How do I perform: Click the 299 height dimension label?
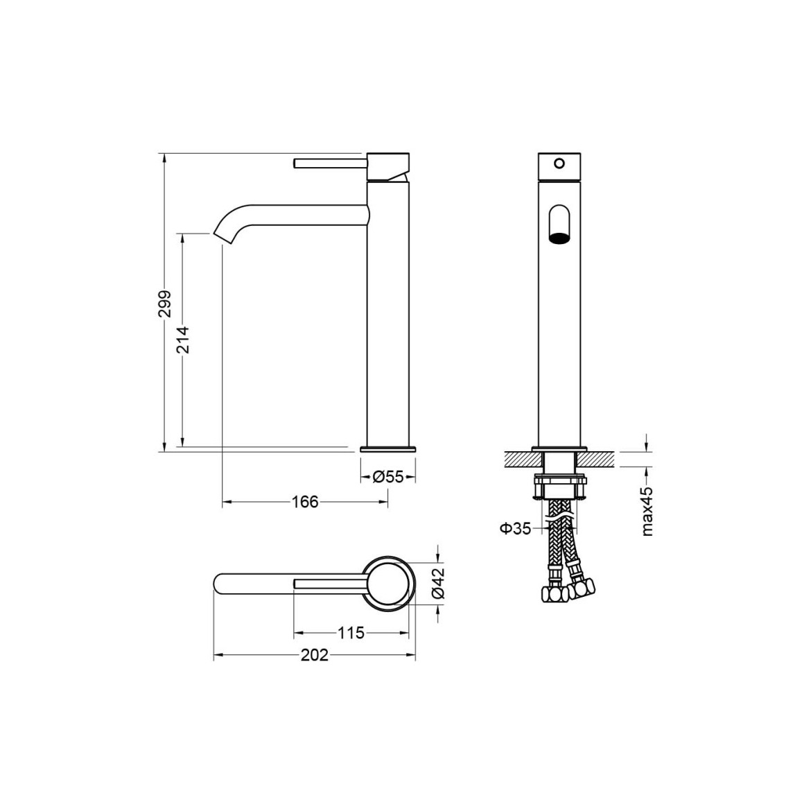[x=164, y=304]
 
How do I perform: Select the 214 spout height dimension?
[x=183, y=339]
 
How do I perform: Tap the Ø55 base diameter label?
[x=388, y=476]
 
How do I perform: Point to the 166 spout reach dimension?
[x=305, y=501]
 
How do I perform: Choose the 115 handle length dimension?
[x=351, y=632]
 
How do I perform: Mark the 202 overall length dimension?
[x=315, y=655]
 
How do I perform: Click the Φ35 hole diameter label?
[x=515, y=529]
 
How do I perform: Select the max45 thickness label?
[x=647, y=511]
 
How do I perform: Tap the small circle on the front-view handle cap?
[x=559, y=164]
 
